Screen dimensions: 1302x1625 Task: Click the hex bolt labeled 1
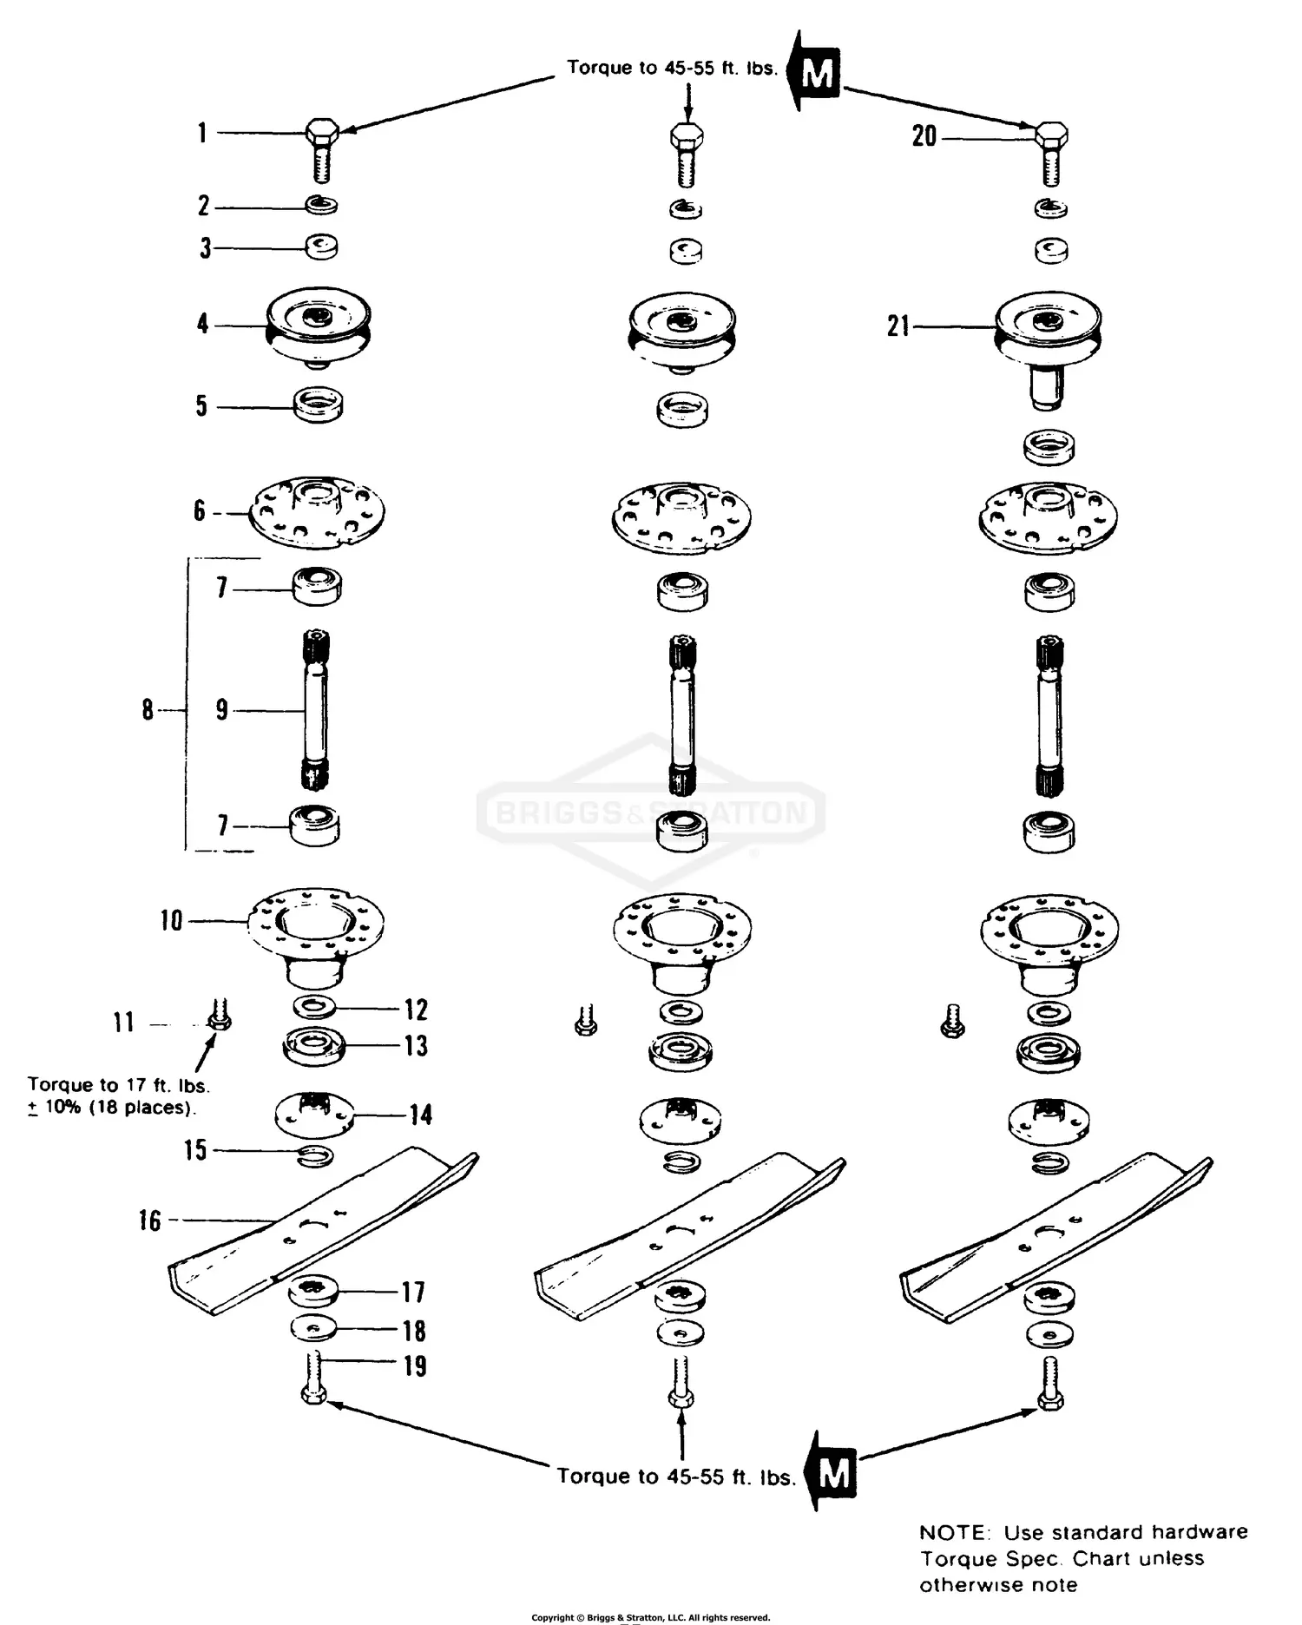click(321, 149)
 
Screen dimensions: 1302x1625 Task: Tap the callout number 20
click(924, 136)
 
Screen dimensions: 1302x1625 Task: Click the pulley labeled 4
click(319, 328)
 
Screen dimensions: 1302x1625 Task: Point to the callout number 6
click(200, 511)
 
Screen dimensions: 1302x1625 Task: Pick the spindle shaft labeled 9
click(316, 711)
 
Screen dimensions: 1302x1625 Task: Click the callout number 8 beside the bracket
click(148, 710)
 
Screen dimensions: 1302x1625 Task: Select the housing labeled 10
click(316, 937)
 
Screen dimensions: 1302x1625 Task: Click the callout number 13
click(417, 1046)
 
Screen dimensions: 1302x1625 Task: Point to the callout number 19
click(415, 1366)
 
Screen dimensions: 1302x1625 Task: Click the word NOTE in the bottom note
click(953, 1533)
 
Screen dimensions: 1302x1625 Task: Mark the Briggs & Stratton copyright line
click(650, 1617)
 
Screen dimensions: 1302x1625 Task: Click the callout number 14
click(421, 1115)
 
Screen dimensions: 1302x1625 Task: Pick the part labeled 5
click(319, 405)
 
